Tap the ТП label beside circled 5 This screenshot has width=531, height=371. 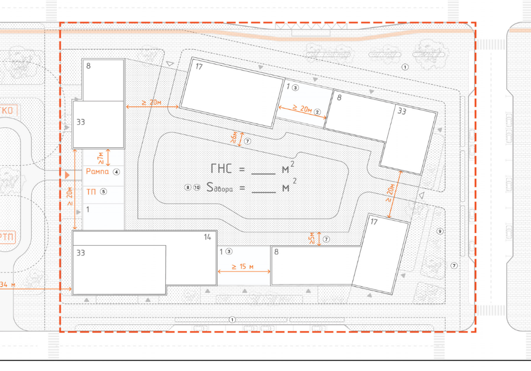pyautogui.click(x=91, y=192)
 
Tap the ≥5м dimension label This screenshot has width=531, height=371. pyautogui.click(x=312, y=238)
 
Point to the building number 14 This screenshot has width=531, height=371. pyautogui.click(x=207, y=237)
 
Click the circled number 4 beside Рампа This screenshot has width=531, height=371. pyautogui.click(x=116, y=172)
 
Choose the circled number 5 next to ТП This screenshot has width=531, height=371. pyautogui.click(x=103, y=192)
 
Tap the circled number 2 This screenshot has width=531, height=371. pyautogui.click(x=318, y=112)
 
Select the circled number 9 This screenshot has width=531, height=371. pyautogui.click(x=439, y=231)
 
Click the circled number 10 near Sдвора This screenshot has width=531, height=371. pyautogui.click(x=197, y=187)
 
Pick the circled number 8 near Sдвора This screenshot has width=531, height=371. pyautogui.click(x=188, y=187)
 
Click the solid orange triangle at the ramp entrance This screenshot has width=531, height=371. pyautogui.click(x=67, y=175)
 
